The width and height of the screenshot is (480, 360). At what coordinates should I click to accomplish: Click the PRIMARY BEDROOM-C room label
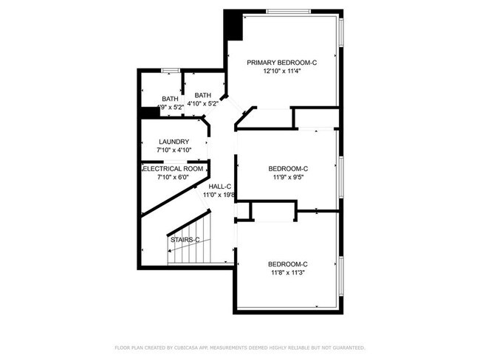(282, 63)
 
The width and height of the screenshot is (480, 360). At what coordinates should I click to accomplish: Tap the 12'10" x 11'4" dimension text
(282, 72)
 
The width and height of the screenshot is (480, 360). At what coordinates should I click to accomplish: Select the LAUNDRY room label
(174, 142)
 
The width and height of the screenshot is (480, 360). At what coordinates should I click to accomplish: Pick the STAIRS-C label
(185, 240)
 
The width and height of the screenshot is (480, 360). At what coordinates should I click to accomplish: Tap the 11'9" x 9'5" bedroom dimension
(287, 177)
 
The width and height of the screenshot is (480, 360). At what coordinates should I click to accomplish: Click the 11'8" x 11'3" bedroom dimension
(287, 273)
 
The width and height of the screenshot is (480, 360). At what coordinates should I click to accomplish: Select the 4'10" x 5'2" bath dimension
(202, 104)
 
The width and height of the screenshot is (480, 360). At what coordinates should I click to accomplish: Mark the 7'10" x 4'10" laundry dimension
(174, 150)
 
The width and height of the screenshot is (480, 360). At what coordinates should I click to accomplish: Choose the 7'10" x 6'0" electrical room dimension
(174, 177)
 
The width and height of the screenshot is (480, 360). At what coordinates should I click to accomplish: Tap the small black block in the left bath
(148, 112)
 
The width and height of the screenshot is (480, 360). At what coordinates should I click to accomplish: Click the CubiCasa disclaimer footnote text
(240, 347)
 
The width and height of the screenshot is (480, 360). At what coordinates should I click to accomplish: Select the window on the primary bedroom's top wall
(288, 10)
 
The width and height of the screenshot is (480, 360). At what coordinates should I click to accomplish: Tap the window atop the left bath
(171, 70)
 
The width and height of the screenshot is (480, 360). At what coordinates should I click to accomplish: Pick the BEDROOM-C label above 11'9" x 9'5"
(287, 168)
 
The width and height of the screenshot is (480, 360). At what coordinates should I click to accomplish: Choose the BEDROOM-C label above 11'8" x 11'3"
(287, 264)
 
